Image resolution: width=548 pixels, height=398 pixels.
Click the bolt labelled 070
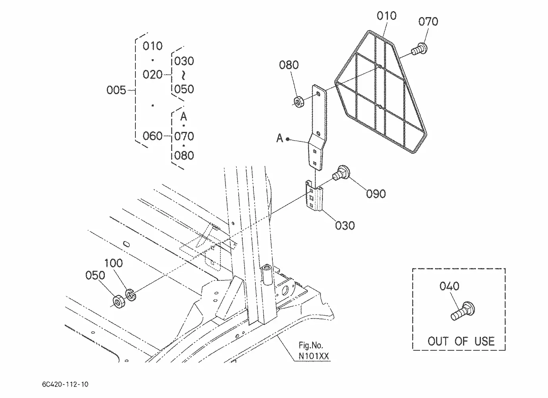(419, 49)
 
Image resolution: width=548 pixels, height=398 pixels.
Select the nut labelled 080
(298, 102)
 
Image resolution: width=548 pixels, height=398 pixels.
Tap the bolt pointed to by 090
(341, 173)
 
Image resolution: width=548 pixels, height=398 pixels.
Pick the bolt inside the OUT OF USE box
(462, 311)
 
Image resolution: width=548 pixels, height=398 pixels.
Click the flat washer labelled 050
(119, 301)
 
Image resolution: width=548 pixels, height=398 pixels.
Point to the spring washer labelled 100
(131, 295)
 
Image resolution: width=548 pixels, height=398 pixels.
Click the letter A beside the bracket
(280, 138)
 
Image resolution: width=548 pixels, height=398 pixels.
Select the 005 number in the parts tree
(116, 90)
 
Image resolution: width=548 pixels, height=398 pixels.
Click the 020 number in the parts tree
(152, 74)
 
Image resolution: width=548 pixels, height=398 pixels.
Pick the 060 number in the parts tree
(152, 136)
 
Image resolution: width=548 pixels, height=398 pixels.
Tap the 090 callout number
(376, 194)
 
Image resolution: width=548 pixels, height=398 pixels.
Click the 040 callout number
(450, 286)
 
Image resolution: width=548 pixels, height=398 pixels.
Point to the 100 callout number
(114, 263)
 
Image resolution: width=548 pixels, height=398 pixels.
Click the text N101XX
(314, 356)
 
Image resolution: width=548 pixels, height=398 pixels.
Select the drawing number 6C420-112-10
(65, 384)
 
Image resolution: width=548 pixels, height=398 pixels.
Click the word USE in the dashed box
(484, 342)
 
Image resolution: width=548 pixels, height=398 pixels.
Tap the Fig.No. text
(311, 345)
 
